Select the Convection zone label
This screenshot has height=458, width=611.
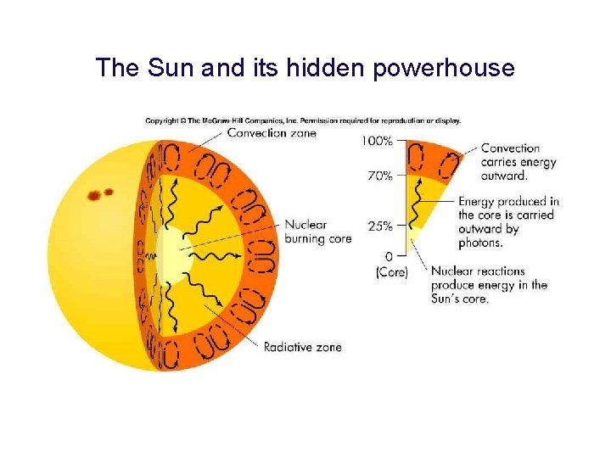pyautogui.click(x=271, y=133)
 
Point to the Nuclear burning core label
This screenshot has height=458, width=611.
pyautogui.click(x=317, y=232)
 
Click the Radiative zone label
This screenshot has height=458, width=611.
pyautogui.click(x=302, y=347)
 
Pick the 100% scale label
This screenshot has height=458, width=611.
pyautogui.click(x=378, y=141)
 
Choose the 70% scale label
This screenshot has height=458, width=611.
pyautogui.click(x=379, y=176)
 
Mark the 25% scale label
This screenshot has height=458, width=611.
pyautogui.click(x=379, y=226)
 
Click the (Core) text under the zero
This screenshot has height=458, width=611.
pyautogui.click(x=391, y=272)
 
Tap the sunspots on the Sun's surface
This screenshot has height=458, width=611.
pyautogui.click(x=100, y=194)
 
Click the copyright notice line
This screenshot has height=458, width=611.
pyautogui.click(x=303, y=120)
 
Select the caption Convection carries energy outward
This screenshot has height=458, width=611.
pyautogui.click(x=518, y=162)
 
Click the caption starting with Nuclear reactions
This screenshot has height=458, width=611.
pyautogui.click(x=488, y=285)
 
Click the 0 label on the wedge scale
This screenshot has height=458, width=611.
pyautogui.click(x=389, y=256)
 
